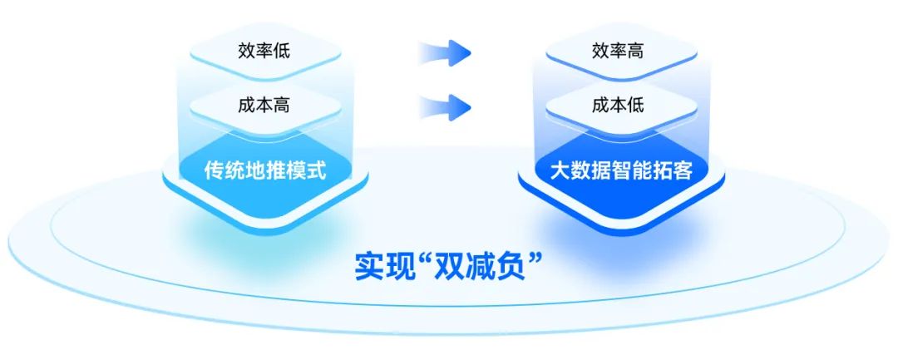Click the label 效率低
click(264, 50)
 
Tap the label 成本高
click(264, 106)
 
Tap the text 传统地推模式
click(264, 170)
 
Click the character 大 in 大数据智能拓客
click(560, 170)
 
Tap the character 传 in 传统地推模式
click(214, 170)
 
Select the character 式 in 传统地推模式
click(315, 170)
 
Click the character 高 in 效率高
click(636, 50)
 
